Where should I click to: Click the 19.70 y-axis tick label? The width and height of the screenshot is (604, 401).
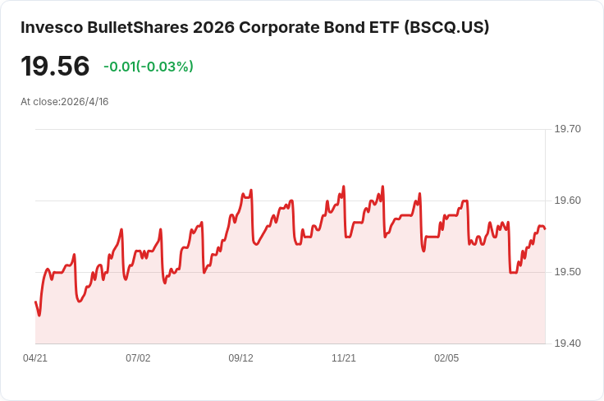[x=567, y=129]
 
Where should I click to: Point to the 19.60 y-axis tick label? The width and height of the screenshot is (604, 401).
[x=567, y=200]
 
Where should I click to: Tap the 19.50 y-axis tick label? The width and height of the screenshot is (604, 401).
[x=567, y=272]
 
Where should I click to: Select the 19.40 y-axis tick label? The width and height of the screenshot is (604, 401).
[x=567, y=343]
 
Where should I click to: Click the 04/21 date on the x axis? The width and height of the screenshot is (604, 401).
[x=35, y=358]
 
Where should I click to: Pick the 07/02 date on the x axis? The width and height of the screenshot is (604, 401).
[x=138, y=358]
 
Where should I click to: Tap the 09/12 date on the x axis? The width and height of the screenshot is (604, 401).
[x=240, y=358]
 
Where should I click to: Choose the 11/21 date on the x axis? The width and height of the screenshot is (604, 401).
[x=344, y=358]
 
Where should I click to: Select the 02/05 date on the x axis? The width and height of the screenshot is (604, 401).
[x=446, y=358]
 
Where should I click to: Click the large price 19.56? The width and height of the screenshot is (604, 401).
[x=55, y=67]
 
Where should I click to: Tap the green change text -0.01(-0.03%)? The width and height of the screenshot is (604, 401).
[x=149, y=67]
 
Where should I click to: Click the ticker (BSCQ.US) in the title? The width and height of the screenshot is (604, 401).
[x=446, y=27]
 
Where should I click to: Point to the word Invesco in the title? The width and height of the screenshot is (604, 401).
[x=52, y=27]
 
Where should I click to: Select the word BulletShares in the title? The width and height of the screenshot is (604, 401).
[x=138, y=27]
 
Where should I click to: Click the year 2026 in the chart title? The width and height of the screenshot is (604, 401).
[x=214, y=27]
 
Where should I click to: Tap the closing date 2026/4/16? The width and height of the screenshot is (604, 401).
[x=85, y=102]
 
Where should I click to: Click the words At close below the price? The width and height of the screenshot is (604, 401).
[x=39, y=102]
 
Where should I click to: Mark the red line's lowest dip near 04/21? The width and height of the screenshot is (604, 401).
[x=39, y=316]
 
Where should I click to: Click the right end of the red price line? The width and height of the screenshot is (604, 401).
[x=545, y=229]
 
